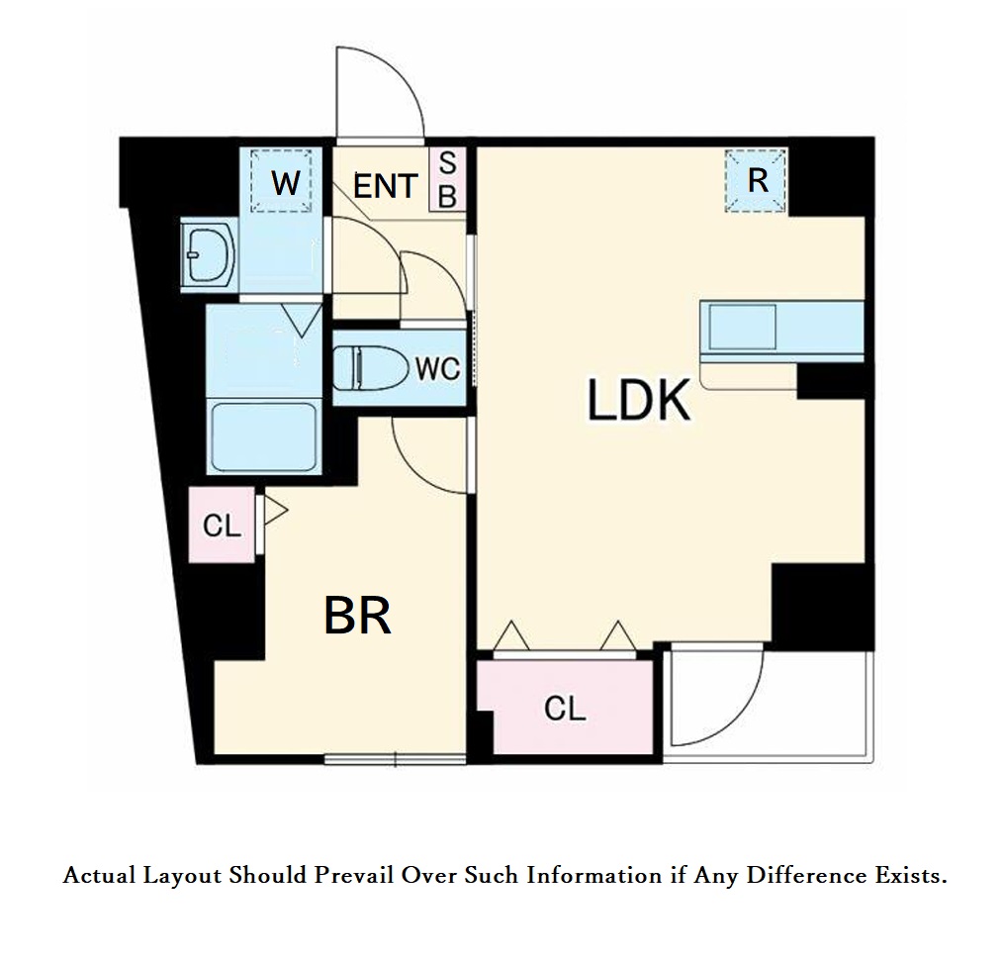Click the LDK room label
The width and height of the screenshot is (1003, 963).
point(638,400)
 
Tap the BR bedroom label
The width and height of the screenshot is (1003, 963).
point(357,616)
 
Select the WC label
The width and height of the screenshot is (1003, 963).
point(437,368)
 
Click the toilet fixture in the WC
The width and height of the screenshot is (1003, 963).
point(371,368)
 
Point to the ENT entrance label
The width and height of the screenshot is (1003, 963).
point(386,186)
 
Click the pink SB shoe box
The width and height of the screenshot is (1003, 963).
point(447,179)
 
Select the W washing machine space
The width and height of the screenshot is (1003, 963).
point(282,181)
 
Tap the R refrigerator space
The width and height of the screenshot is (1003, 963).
point(756,180)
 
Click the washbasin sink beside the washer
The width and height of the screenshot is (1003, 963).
point(209,255)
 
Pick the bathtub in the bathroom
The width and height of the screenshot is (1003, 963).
point(263,437)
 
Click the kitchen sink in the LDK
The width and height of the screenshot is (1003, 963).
point(742,327)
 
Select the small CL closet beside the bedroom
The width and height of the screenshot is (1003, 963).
point(222,526)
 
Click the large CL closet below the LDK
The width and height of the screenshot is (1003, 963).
point(566,707)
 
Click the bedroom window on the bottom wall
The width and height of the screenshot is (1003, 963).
point(396,759)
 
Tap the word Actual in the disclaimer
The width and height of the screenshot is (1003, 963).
point(100,875)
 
